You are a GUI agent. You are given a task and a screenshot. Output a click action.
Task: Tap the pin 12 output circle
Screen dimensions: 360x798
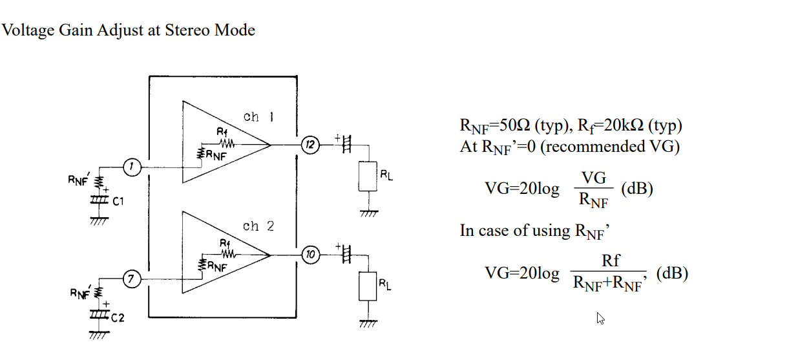[310, 144]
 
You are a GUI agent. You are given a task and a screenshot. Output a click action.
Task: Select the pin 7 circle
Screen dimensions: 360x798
[132, 280]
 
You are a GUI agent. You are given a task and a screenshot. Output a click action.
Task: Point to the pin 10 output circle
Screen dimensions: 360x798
[310, 255]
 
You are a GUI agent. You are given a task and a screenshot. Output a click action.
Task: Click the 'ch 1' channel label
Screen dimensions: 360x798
[258, 117]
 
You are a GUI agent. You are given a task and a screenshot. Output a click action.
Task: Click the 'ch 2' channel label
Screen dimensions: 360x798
[258, 226]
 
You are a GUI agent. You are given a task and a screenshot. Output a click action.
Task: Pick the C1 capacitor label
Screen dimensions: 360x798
[118, 202]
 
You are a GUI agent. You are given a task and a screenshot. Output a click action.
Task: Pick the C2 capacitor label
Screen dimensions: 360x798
[118, 317]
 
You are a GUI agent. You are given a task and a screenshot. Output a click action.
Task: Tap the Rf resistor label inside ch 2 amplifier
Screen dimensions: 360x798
[225, 242]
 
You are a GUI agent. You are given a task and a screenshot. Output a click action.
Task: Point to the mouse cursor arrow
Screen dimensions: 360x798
[600, 318]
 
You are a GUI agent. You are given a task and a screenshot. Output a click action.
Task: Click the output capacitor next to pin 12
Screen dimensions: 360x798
[346, 145]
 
